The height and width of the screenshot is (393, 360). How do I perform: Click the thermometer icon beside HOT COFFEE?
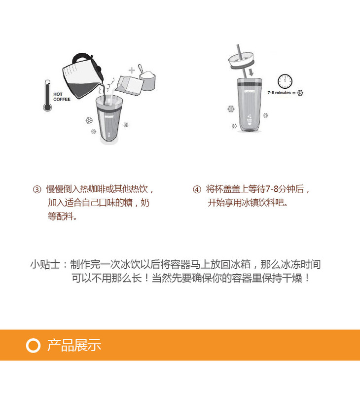tap(47, 96)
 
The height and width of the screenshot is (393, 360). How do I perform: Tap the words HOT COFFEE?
tap(62, 97)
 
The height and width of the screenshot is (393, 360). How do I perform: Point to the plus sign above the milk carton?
tap(132, 70)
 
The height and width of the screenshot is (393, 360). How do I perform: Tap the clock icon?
tap(285, 81)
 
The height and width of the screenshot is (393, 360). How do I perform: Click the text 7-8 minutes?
tap(279, 93)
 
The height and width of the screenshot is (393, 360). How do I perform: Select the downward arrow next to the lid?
tap(251, 72)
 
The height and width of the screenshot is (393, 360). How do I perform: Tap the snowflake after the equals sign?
tap(300, 93)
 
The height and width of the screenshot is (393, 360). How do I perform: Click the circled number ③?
tap(37, 189)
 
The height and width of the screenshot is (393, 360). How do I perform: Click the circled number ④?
tap(197, 189)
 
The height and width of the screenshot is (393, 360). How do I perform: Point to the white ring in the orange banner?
tap(33, 345)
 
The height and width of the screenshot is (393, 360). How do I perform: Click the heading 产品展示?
tap(74, 345)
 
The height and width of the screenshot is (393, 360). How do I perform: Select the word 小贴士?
tap(45, 264)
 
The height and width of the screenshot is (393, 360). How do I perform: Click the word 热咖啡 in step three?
tap(92, 189)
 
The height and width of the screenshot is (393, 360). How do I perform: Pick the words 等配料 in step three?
tap(60, 216)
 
